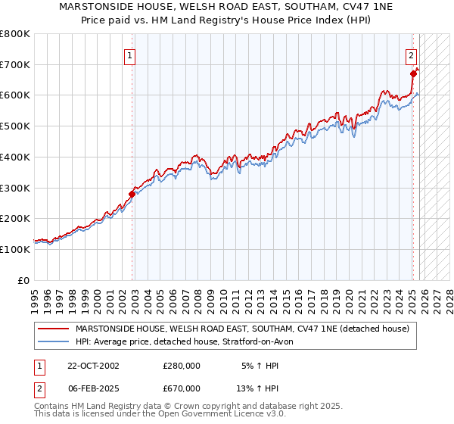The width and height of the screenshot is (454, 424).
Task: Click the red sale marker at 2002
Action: point(132,194)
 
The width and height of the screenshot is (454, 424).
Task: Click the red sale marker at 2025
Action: point(414,73)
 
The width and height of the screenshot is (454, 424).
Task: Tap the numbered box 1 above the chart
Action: point(130,55)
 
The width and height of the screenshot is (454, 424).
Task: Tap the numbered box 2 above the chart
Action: point(411,55)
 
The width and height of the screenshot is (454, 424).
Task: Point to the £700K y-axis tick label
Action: point(15,64)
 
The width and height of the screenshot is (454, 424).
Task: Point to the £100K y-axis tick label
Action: point(15,249)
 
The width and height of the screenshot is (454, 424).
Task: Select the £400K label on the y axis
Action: point(15,157)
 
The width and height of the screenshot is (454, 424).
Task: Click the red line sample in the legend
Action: point(54,329)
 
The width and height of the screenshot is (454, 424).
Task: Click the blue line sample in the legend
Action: point(54,341)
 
